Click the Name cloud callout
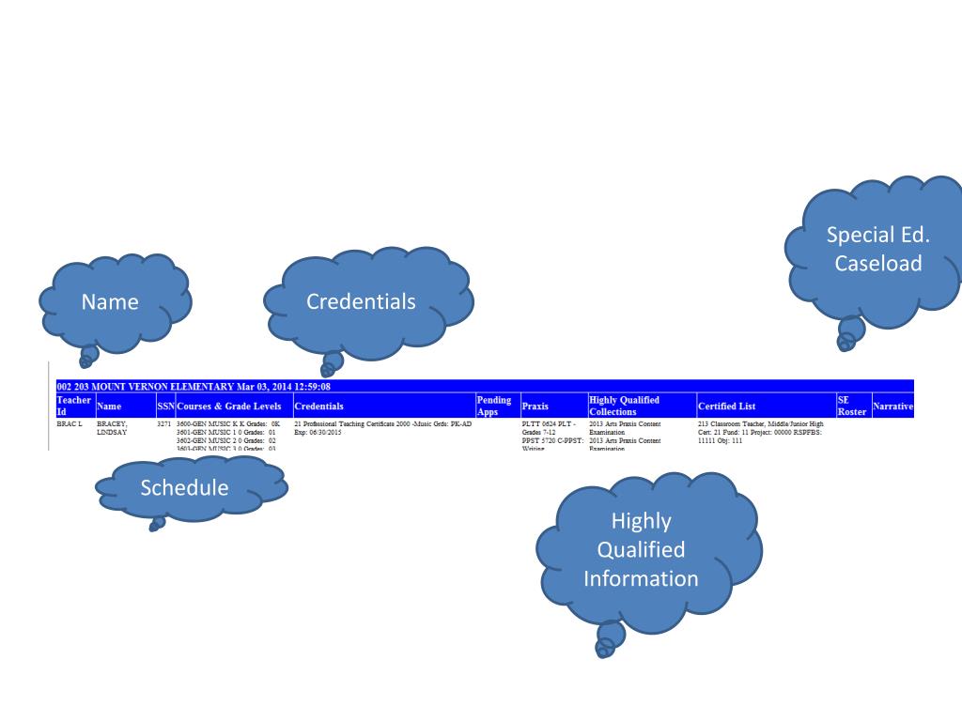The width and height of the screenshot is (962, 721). tap(110, 301)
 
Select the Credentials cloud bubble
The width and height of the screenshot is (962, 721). tap(361, 301)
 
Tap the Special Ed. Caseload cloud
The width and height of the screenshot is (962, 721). tap(878, 249)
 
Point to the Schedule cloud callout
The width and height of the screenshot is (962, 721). tap(184, 487)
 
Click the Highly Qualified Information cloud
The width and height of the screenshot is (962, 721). tap(641, 549)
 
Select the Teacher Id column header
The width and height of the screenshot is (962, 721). tap(73, 406)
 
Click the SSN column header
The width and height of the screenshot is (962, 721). tap(164, 407)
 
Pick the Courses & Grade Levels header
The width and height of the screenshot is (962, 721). tap(228, 407)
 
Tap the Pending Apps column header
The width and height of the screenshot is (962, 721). tap(494, 406)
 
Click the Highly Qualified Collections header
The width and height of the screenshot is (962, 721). tap(624, 406)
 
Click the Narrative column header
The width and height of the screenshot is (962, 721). tap(892, 407)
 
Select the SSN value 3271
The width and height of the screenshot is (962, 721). tap(163, 424)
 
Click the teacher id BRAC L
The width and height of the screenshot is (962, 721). tap(70, 424)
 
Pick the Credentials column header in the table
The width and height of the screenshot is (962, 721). tap(318, 407)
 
